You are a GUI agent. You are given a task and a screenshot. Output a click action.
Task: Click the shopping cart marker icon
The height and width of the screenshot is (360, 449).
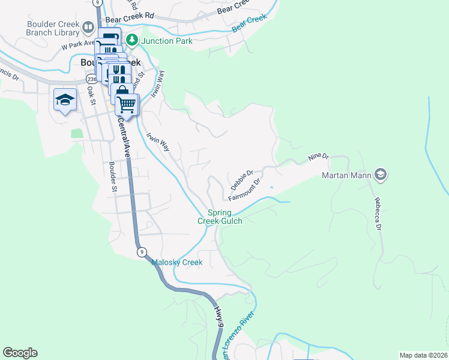point(127,104)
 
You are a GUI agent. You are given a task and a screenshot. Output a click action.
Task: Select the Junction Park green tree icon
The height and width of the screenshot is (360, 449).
point(132,41)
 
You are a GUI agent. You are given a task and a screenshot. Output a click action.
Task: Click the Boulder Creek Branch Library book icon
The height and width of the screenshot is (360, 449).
point(88,27)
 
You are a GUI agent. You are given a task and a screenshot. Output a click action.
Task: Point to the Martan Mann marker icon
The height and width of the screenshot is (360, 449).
point(379,175)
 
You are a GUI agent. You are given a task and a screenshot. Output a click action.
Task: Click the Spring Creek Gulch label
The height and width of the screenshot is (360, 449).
point(220,217)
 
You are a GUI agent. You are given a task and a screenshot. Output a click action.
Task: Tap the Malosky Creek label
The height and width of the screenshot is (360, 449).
point(176,262)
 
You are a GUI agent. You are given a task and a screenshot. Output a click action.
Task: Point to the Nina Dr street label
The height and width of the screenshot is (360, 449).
point(319,157)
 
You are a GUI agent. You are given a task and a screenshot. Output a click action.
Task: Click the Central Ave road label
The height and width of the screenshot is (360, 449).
point(125,137)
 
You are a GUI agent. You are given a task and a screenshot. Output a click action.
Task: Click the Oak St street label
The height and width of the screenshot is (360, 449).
point(91,95)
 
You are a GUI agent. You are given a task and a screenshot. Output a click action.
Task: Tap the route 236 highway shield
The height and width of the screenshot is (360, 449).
point(91,79)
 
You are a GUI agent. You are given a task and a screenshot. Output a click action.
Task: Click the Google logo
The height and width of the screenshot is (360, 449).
point(20,353)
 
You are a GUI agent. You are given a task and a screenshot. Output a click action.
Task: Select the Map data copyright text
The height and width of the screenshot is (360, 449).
point(423,355)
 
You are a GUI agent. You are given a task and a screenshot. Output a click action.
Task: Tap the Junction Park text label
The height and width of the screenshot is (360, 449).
point(167,41)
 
